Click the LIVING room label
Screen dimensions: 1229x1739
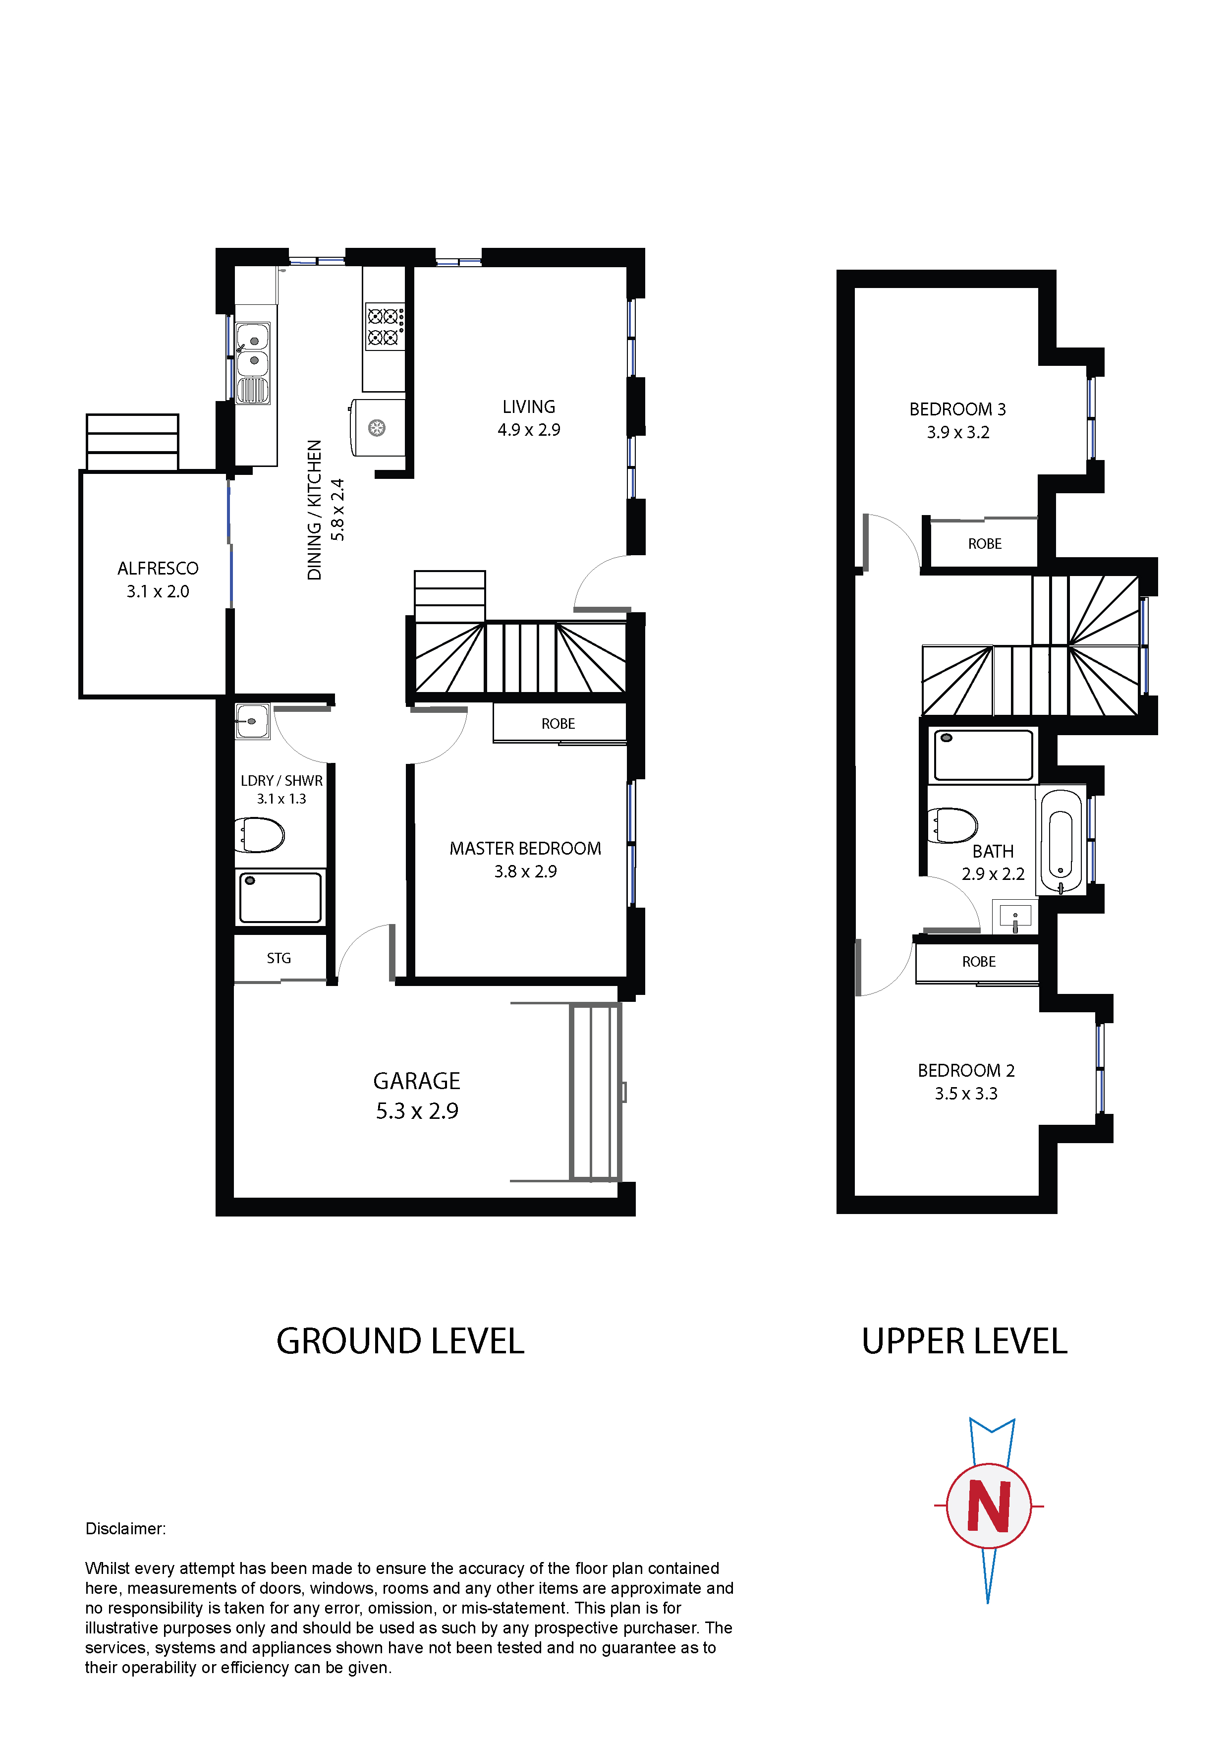click(529, 406)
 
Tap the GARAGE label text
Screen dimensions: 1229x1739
click(416, 1080)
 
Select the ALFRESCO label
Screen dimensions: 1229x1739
click(158, 568)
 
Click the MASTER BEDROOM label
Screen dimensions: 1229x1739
click(525, 848)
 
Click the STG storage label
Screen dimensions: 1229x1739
click(279, 958)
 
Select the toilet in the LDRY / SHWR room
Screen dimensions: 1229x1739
click(259, 835)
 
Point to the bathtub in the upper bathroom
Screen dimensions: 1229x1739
click(1061, 840)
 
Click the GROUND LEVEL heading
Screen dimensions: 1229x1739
click(400, 1341)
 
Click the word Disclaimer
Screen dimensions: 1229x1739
click(125, 1528)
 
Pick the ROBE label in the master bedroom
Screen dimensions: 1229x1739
click(558, 723)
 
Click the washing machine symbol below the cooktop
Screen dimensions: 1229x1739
click(377, 427)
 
